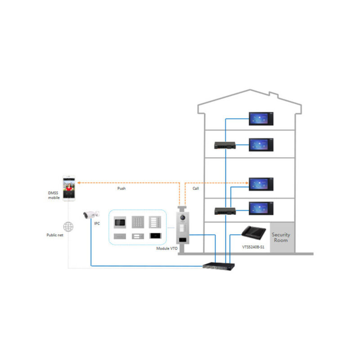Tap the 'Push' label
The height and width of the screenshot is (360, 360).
coord(121,189)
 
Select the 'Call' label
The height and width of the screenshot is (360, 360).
coord(195,189)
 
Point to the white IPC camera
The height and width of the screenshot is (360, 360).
coord(90,215)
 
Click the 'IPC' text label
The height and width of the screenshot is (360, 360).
coord(97,223)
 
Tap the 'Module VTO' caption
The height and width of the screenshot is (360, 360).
coord(166,248)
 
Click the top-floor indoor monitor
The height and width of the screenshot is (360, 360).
coord(261,119)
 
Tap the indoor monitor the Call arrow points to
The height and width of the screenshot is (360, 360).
coord(261,184)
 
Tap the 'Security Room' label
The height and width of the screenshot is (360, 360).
coord(281,238)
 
